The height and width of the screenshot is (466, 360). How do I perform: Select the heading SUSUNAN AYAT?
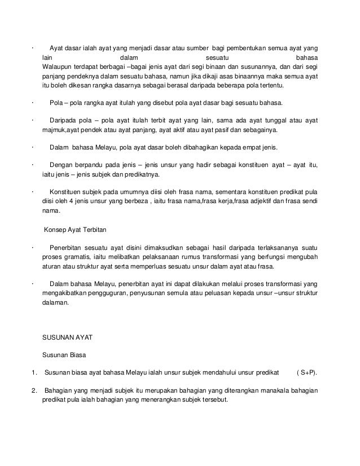pyautogui.click(x=68, y=337)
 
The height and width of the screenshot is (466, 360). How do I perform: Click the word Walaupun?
pyautogui.click(x=58, y=67)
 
